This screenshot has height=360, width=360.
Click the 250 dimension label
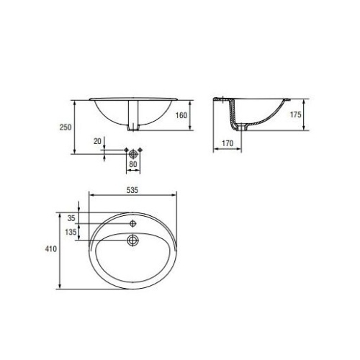coord(66,127)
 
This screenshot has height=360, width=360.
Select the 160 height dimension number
coord(181,115)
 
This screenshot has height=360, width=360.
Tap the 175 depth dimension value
coord(295,114)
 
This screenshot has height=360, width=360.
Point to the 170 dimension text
coord(228,143)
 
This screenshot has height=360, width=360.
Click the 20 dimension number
coord(97,141)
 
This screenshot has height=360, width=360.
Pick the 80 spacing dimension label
coord(133,164)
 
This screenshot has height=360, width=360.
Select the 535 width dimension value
coord(132,190)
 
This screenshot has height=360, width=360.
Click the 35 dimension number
coord(71,218)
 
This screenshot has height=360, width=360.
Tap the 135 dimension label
coord(71,232)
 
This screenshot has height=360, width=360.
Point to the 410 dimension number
coord(51,248)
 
